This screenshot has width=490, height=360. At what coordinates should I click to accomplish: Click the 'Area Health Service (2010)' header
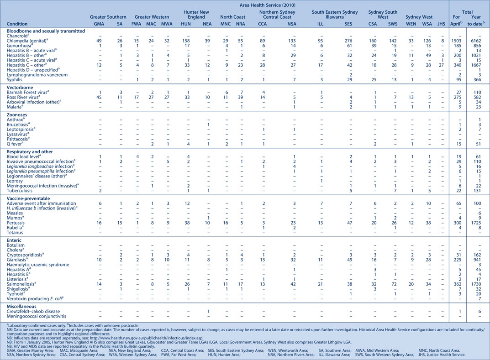tap(267, 5)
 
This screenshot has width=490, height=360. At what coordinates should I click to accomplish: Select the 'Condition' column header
tap(17, 24)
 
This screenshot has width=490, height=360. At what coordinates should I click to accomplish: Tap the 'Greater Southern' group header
tap(108, 17)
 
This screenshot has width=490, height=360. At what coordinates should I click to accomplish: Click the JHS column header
tap(441, 24)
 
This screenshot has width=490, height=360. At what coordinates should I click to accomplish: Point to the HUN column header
tap(186, 24)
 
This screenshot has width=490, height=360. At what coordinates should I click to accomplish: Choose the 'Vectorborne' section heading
tap(20, 88)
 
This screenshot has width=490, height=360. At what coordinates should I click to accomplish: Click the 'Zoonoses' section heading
tap(17, 115)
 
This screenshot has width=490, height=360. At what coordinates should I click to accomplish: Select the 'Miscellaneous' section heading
tap(21, 306)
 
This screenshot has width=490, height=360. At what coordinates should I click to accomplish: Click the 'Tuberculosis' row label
tap(19, 190)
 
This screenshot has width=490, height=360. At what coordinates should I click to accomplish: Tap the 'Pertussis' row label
tap(16, 223)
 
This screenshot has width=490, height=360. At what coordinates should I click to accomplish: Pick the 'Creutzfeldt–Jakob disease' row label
tap(33, 311)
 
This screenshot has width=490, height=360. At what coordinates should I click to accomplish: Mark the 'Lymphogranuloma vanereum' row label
tap(37, 75)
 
